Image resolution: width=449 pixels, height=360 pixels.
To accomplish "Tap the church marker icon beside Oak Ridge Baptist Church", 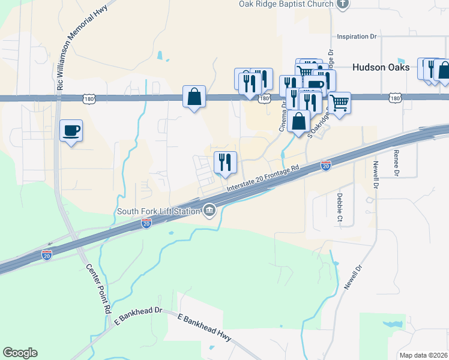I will [343, 4].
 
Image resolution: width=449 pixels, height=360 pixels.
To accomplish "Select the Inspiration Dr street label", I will [357, 37].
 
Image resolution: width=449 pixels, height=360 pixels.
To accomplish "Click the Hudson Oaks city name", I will [381, 67].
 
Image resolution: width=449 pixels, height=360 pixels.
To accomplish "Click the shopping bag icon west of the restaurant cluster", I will [194, 96].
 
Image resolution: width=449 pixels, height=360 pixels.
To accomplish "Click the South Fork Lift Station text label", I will [158, 210].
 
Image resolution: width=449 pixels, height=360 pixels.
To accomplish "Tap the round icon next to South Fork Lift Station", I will [209, 210].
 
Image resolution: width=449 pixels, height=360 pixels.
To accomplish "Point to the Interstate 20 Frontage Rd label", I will [262, 179].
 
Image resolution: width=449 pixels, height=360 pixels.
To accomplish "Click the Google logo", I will [20, 353].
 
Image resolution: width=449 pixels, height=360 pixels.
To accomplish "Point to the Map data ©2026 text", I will [423, 355].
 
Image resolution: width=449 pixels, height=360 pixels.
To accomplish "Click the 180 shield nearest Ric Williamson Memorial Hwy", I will [89, 98].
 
